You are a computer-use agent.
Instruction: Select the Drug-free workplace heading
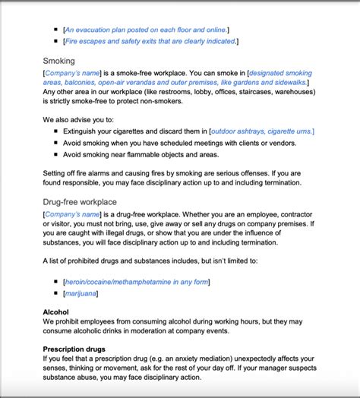click(x=80, y=201)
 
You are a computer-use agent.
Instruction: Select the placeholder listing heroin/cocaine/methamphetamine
click(x=136, y=281)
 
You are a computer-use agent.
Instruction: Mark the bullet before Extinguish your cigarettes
click(x=56, y=131)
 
